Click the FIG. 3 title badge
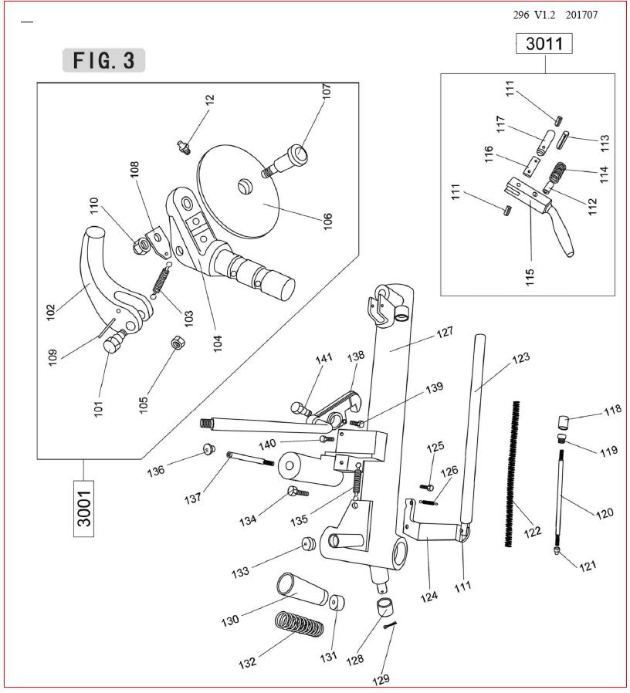pyautogui.click(x=103, y=60)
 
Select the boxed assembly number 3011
pyautogui.click(x=544, y=44)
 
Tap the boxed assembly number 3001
pyautogui.click(x=84, y=508)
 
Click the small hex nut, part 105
pyautogui.click(x=176, y=342)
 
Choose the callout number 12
pyautogui.click(x=210, y=102)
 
